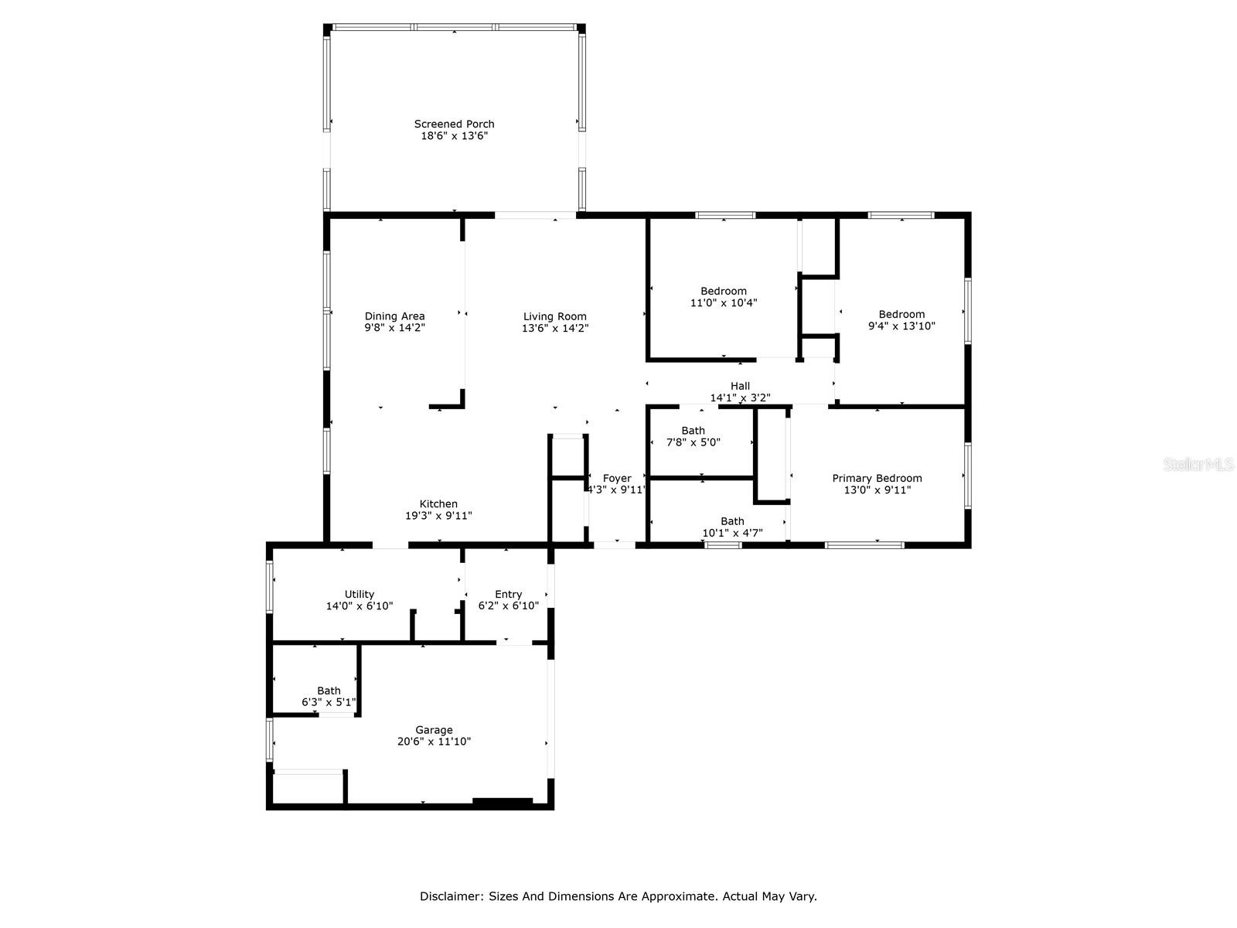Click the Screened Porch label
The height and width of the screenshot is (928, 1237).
(454, 124)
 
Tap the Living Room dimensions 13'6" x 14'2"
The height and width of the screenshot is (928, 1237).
(554, 328)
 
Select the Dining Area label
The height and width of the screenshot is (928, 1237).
(394, 316)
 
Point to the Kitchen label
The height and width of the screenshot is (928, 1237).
(438, 504)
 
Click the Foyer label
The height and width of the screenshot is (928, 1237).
(617, 479)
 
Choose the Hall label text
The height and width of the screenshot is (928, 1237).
(740, 386)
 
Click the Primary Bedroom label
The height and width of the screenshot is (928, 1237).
(877, 478)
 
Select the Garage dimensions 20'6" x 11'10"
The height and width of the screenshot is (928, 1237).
(434, 742)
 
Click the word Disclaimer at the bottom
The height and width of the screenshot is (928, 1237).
(451, 896)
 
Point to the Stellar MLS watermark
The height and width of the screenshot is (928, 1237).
(1198, 464)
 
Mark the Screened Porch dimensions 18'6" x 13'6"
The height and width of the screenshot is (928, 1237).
(454, 136)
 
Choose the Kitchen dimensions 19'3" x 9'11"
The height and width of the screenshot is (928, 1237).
(438, 516)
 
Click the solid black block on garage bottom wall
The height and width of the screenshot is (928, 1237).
(503, 802)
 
